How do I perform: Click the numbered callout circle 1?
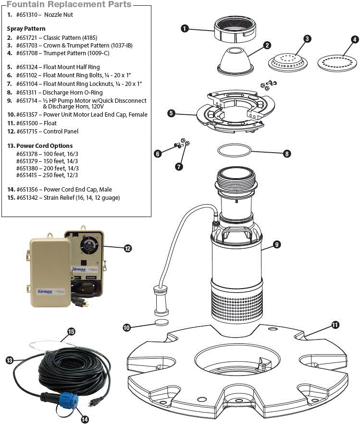pos(184,28)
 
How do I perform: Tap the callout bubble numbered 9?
pos(277,244)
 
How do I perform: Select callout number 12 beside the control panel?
pos(127,248)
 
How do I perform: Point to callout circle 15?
pos(71,331)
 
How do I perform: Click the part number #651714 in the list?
pos(28,101)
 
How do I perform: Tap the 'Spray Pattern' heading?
pos(26,29)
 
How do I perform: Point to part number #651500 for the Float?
pos(28,123)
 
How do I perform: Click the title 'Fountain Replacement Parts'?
pos(69,4)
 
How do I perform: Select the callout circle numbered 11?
pos(335,325)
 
